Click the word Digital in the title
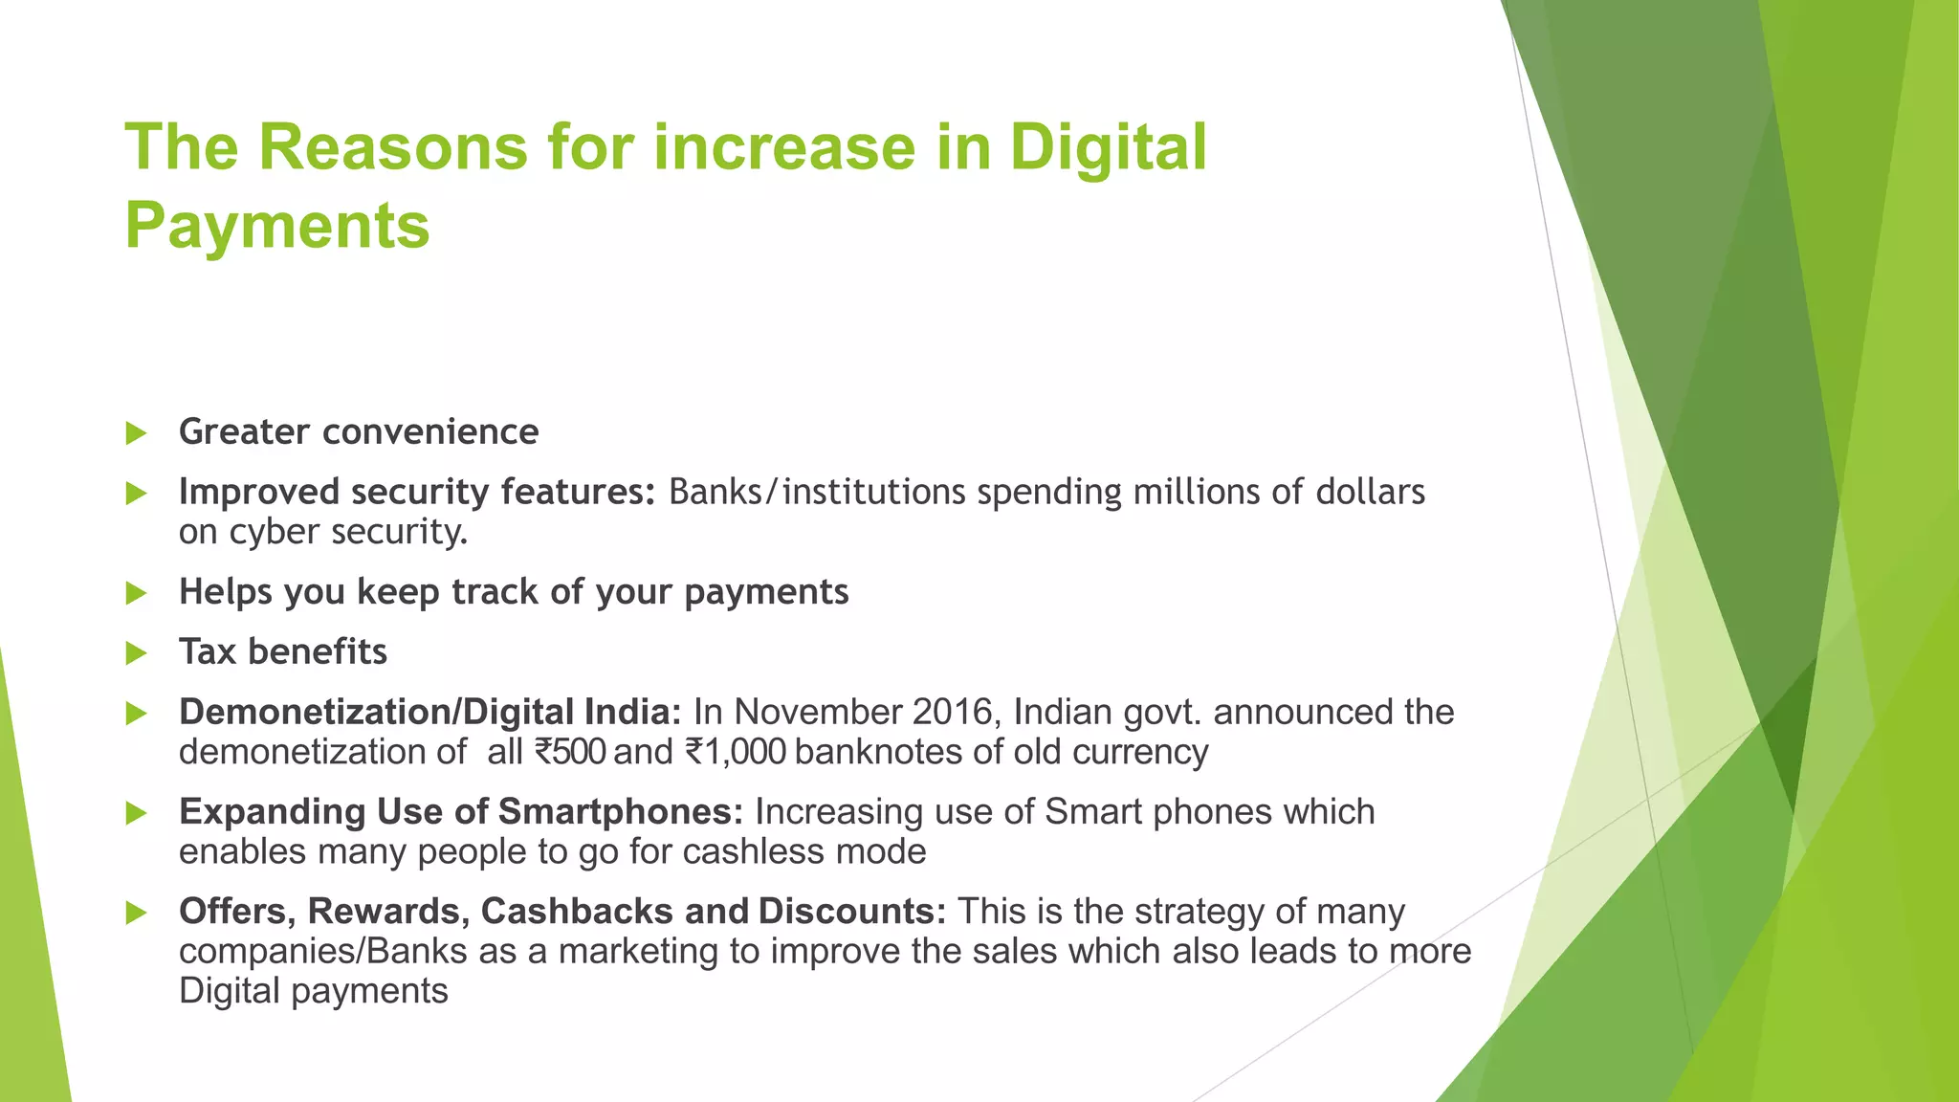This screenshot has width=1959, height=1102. click(1109, 148)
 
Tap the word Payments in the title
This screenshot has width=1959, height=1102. click(277, 226)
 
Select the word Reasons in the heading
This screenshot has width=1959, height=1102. click(392, 148)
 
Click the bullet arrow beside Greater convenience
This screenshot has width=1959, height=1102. click(136, 433)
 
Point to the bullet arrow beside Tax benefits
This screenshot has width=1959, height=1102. click(136, 653)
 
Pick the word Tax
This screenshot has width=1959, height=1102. click(207, 652)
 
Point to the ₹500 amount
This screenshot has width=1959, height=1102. click(570, 753)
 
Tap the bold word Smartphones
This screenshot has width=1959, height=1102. click(621, 812)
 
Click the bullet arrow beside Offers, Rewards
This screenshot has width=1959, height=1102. click(136, 913)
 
